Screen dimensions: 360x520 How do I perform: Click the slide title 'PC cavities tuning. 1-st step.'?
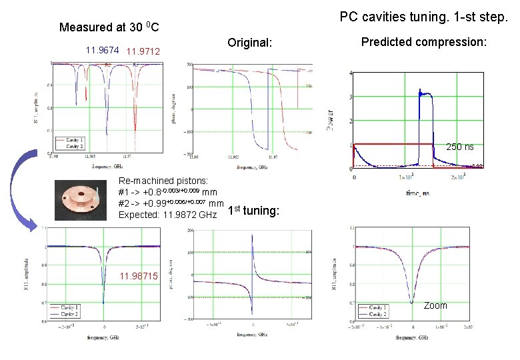423,16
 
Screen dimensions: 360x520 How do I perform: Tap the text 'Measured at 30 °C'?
109,27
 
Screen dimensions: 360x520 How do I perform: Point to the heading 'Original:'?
250,43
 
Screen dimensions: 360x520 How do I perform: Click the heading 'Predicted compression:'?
424,42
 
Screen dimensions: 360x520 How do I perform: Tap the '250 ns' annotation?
460,147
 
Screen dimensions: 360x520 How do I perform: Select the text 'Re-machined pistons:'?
163,181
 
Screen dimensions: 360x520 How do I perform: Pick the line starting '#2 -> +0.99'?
170,203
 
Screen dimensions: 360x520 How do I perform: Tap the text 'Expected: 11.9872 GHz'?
167,215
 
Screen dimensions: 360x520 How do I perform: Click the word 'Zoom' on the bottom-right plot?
435,305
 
